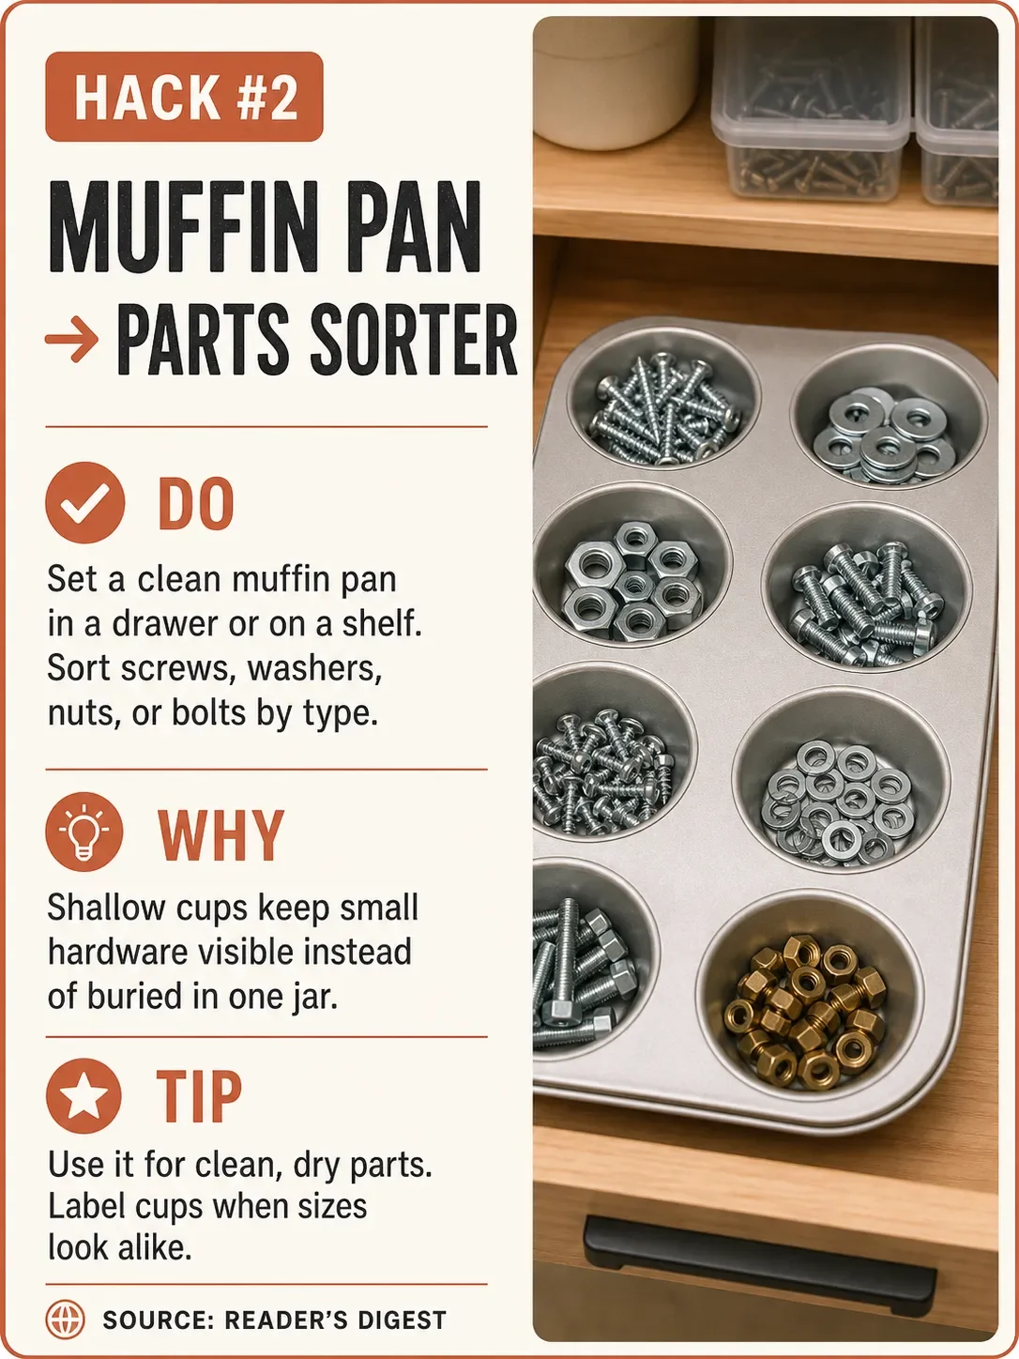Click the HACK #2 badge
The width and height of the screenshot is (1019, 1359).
click(x=184, y=97)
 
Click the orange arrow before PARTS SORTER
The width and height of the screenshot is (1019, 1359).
click(x=71, y=339)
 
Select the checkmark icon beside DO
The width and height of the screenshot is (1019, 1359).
click(x=85, y=502)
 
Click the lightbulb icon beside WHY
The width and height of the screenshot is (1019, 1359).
click(x=84, y=832)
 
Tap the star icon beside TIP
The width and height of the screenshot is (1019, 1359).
click(x=84, y=1096)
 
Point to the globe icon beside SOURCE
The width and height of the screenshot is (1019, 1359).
click(x=65, y=1320)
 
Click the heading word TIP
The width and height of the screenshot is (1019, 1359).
click(x=199, y=1096)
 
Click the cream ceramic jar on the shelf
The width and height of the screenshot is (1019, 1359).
click(x=616, y=83)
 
